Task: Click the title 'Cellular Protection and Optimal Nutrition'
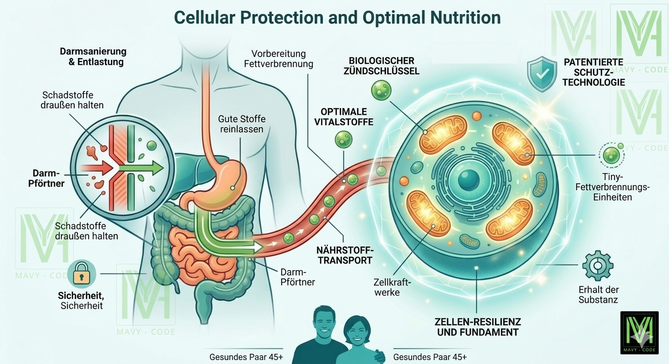(337, 18)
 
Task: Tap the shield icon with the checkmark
(542, 74)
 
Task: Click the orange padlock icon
(82, 274)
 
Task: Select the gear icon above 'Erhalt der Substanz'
(598, 265)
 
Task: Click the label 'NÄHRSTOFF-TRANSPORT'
(344, 254)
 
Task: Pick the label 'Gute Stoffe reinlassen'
(242, 124)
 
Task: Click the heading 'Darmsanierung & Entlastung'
(93, 57)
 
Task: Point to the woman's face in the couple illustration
(357, 332)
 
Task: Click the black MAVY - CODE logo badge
(639, 333)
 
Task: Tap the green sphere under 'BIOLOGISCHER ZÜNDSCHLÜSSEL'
(381, 90)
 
